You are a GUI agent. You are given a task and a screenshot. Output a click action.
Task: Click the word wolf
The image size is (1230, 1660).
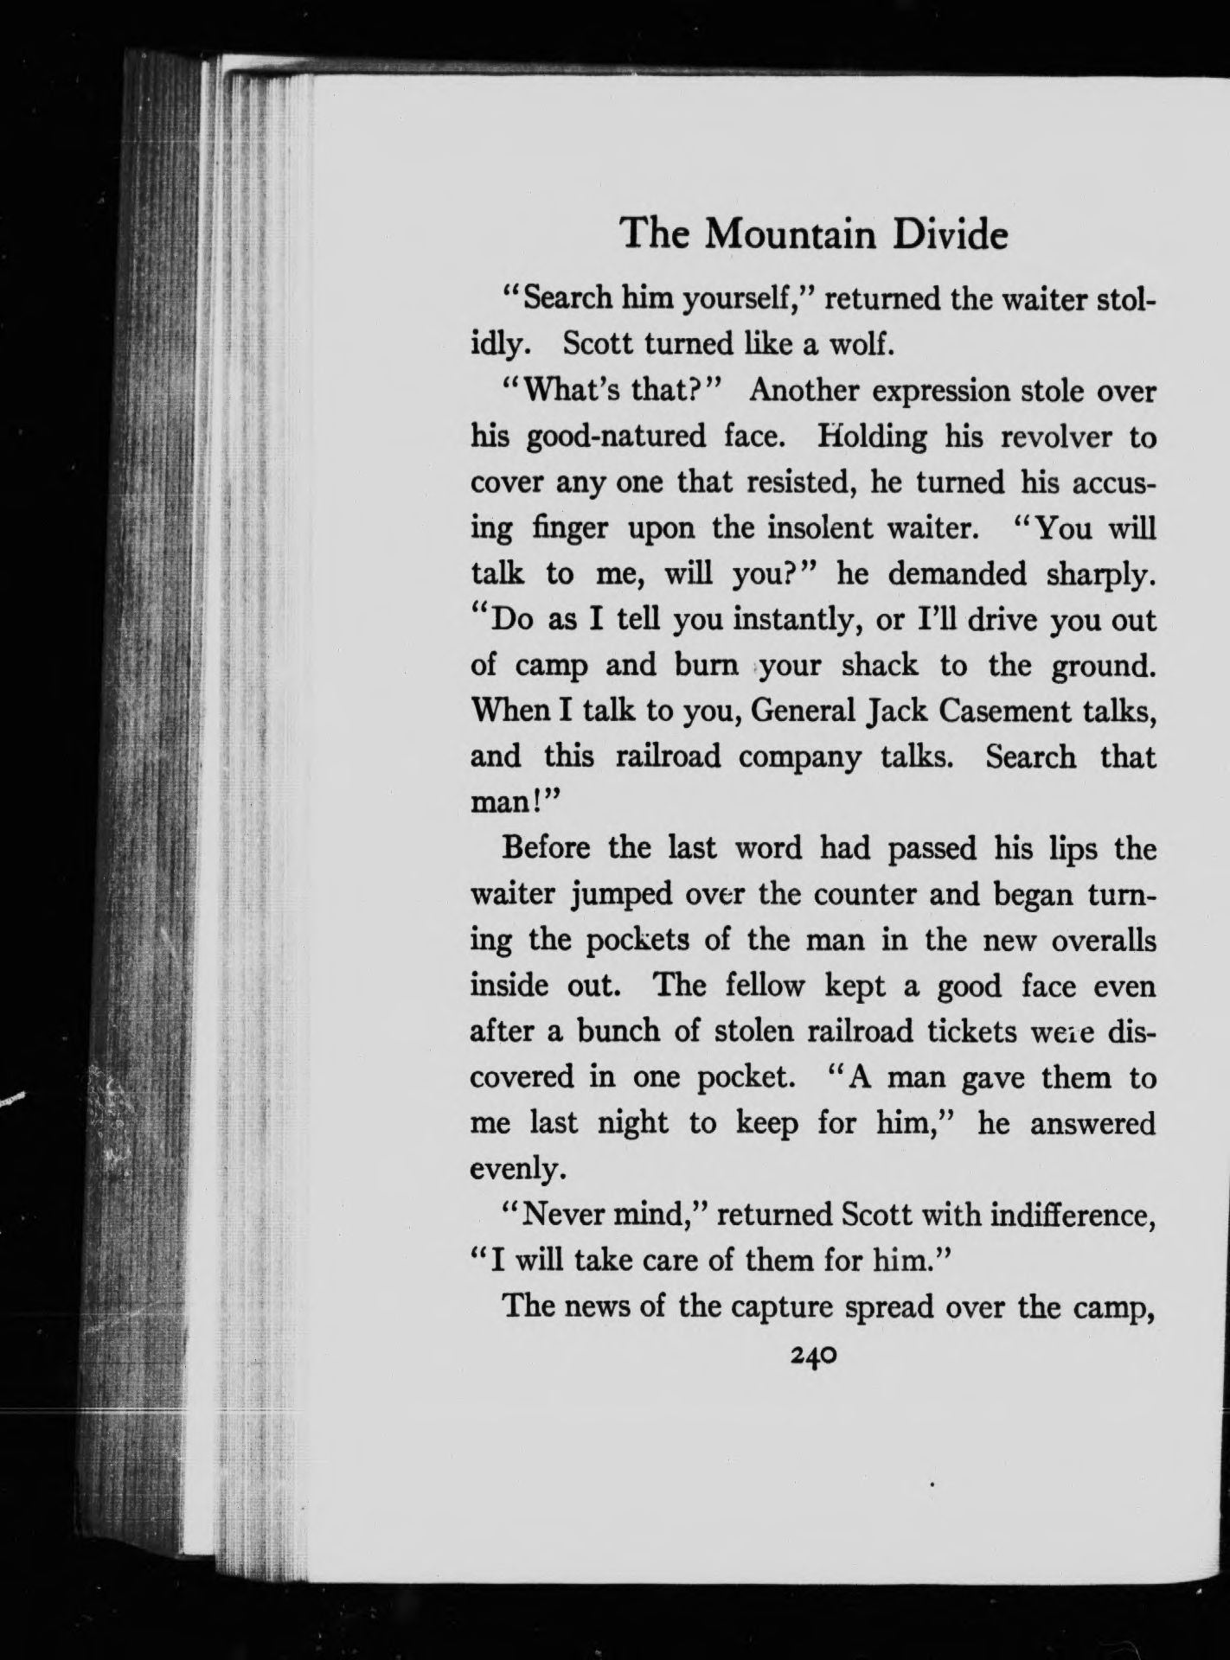click(x=858, y=345)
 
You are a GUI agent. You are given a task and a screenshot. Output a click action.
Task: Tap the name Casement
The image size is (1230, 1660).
click(x=1003, y=712)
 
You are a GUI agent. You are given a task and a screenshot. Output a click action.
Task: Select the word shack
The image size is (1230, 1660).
click(x=879, y=666)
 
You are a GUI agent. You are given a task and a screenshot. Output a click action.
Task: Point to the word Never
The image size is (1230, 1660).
click(x=567, y=1215)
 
